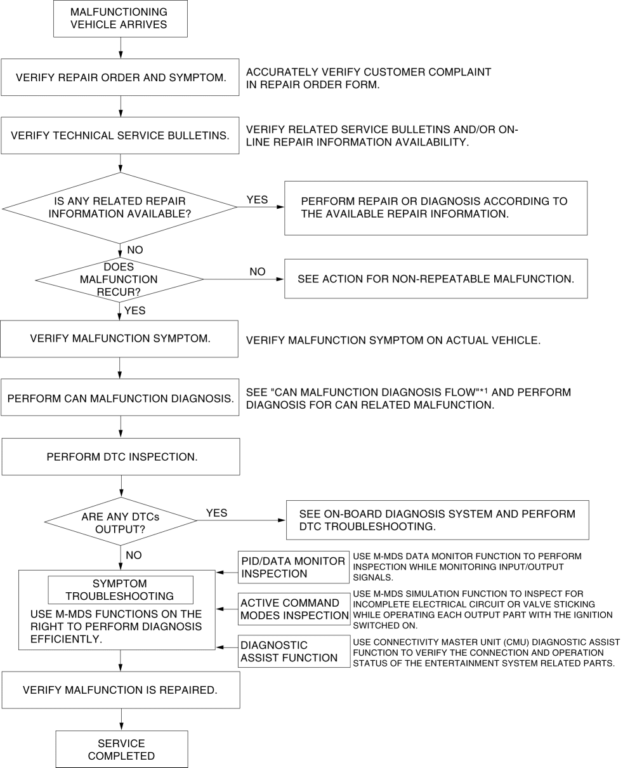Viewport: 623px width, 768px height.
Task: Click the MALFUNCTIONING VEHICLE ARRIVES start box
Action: [x=121, y=18]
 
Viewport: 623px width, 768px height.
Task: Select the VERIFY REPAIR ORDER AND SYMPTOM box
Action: [x=120, y=77]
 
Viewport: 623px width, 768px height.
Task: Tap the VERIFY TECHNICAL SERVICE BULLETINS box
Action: [x=120, y=136]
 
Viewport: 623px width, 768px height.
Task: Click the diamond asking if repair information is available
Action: [x=120, y=208]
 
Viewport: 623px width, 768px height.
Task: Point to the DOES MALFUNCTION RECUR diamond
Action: [x=119, y=279]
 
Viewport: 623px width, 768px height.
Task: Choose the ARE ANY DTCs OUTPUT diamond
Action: [x=121, y=521]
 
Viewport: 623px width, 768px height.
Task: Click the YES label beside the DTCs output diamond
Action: [x=216, y=513]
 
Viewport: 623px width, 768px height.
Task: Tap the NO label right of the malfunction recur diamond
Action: [x=258, y=272]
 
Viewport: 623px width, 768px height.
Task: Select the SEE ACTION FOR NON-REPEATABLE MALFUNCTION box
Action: [x=436, y=279]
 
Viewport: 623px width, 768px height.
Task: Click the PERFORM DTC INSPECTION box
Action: [x=121, y=457]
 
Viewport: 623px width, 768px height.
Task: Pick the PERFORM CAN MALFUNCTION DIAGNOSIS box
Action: [x=120, y=397]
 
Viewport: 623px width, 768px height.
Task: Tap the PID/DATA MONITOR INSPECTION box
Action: [x=294, y=567]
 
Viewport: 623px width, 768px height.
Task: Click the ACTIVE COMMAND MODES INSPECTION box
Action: [x=294, y=609]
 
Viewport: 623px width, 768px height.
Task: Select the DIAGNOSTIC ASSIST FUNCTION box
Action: [x=294, y=651]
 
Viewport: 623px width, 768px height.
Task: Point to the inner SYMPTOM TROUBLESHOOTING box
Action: [x=121, y=590]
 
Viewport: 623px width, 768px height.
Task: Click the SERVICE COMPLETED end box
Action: [x=122, y=749]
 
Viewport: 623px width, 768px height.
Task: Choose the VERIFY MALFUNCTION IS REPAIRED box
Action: [x=121, y=690]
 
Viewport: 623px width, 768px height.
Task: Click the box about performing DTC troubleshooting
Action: [x=438, y=520]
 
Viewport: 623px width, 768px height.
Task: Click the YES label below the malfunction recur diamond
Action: [x=134, y=310]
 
